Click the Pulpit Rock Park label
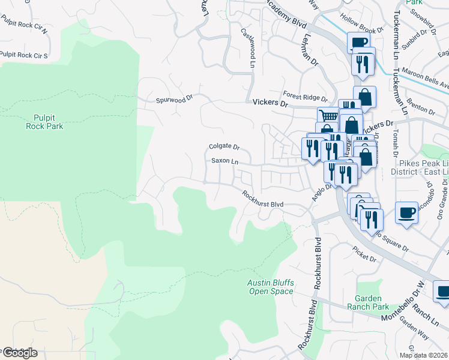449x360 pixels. click(44, 122)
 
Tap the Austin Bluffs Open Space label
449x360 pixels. click(271, 287)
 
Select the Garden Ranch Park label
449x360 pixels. click(372, 302)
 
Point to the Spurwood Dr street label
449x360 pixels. click(174, 100)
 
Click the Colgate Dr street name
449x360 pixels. click(224, 146)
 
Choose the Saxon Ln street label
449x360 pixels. click(224, 161)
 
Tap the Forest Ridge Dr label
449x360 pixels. click(306, 97)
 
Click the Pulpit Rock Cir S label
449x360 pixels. click(24, 55)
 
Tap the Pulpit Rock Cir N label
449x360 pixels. click(24, 37)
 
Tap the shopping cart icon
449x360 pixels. click(328, 116)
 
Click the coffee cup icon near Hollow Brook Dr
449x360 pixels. click(358, 43)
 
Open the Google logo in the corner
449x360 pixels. click(19, 353)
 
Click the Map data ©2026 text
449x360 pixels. click(423, 355)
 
